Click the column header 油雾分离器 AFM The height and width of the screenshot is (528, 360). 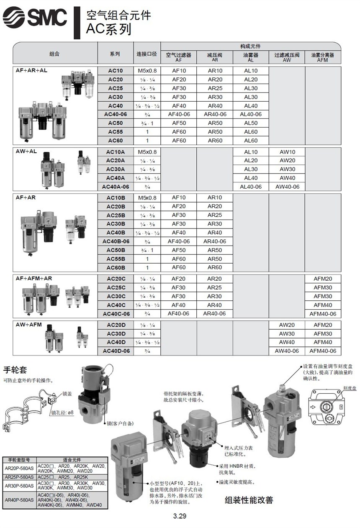click(322, 57)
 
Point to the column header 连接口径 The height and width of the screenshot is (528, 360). click(147, 54)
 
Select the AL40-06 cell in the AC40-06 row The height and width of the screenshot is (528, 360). click(251, 114)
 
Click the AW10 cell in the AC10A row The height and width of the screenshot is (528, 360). click(287, 152)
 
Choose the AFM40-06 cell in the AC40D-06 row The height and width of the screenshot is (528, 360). click(322, 351)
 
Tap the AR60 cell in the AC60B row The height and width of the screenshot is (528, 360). click(215, 267)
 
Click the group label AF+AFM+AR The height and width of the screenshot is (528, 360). click(34, 278)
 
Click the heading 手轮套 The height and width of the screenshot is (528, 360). click(15, 370)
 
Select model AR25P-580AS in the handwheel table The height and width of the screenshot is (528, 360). click(19, 477)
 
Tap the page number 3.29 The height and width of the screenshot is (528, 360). click(180, 516)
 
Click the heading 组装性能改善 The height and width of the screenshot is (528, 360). click(249, 500)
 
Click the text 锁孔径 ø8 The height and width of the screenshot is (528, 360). click(62, 413)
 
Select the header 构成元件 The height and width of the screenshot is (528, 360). click(250, 46)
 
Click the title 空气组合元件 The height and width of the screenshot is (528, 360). click(118, 15)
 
